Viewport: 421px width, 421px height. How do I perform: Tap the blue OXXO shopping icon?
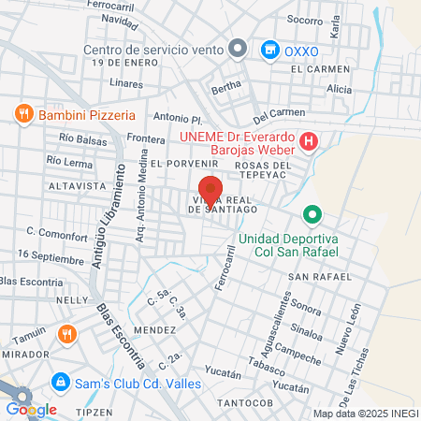269,49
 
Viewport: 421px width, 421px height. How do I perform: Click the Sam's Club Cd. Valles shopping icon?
60,382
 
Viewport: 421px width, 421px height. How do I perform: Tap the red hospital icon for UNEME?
312,142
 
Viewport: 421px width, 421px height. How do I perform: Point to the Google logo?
31,409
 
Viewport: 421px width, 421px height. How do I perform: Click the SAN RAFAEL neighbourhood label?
320,277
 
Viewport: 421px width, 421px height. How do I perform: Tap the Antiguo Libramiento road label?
108,217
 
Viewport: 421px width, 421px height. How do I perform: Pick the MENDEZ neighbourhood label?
154,330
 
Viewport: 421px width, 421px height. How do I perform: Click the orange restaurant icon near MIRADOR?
66,334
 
